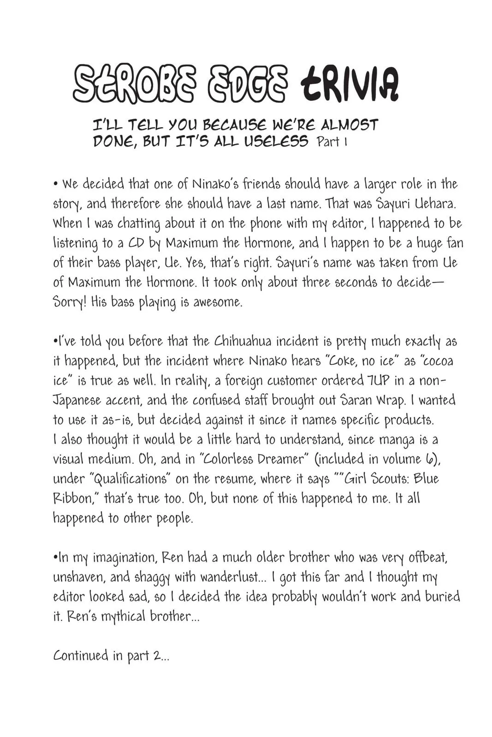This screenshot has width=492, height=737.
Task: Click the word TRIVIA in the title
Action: (349, 85)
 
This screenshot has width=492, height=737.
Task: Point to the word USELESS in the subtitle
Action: (276, 141)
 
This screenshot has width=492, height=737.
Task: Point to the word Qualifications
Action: (130, 479)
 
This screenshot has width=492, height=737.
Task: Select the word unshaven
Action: (77, 577)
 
